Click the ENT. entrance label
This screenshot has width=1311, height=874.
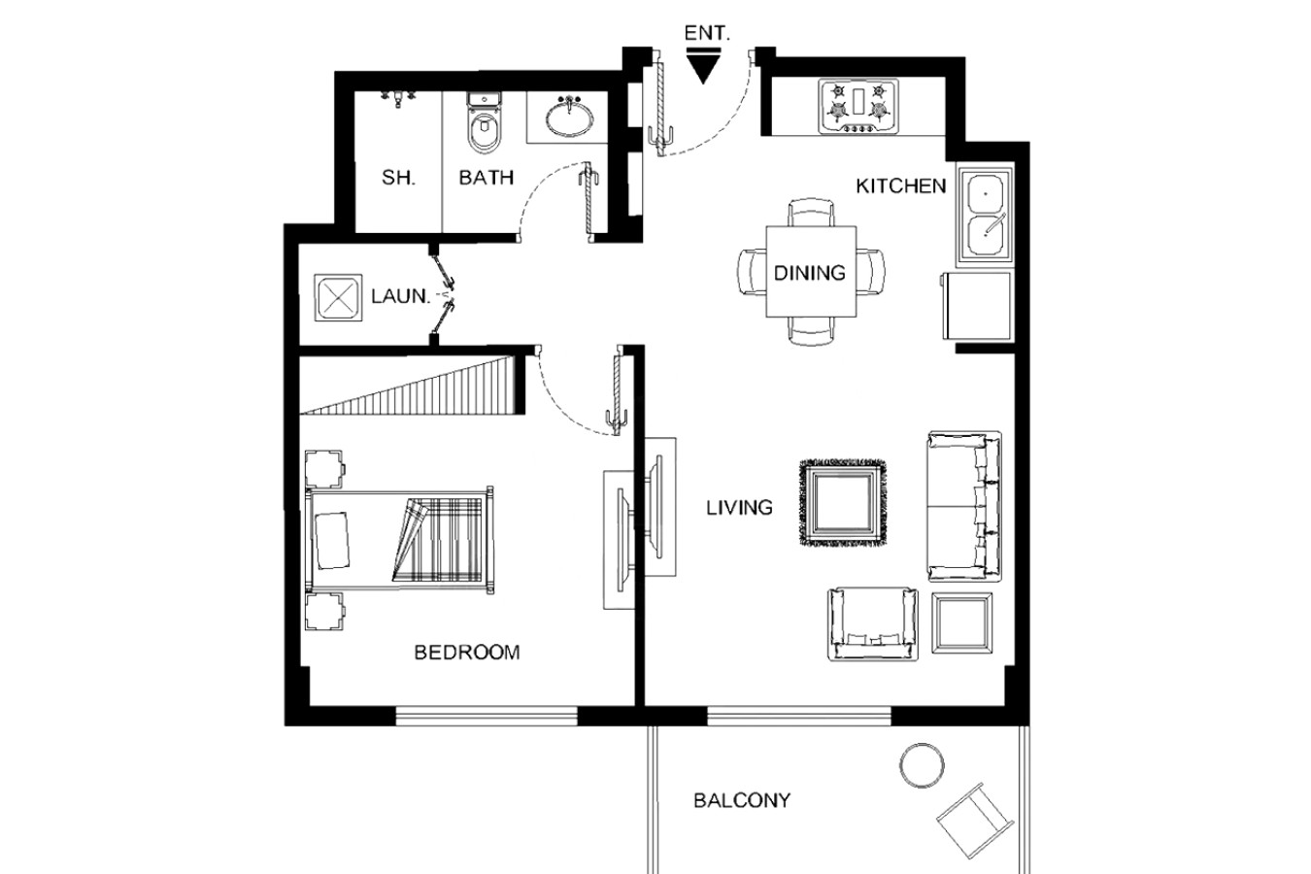coord(707,33)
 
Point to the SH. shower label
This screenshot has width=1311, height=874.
coord(398,178)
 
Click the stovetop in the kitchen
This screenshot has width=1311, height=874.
coord(858,107)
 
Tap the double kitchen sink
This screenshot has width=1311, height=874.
coord(986,215)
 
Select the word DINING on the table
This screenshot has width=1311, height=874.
coord(810,273)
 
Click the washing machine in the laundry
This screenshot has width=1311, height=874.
coord(338,297)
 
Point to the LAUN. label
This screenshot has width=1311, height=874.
coord(401,296)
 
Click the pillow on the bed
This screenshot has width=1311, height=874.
coord(332,540)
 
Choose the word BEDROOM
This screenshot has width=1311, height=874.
coord(466,653)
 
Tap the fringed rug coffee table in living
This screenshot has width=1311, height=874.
coord(843,502)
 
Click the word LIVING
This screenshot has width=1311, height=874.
coord(739,508)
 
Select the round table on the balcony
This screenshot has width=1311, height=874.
coord(922,765)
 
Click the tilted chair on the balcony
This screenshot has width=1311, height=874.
coord(975,821)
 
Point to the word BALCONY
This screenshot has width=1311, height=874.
coord(742,800)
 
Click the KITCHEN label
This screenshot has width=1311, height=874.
coord(901,186)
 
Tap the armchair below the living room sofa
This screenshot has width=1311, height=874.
coord(873,624)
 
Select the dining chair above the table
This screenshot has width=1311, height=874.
coord(811,213)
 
